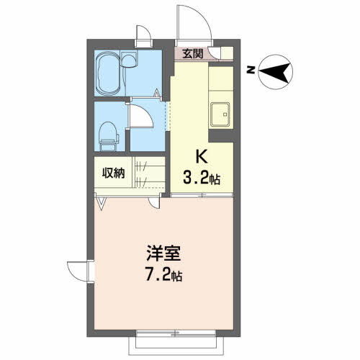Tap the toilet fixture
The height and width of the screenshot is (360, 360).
point(108,132)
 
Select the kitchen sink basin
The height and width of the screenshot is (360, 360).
point(219,113)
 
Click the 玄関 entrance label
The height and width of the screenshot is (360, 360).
point(192,53)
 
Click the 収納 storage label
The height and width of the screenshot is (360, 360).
point(112,174)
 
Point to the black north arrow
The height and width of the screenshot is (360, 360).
point(274,71)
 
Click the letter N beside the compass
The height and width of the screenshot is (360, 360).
point(251,71)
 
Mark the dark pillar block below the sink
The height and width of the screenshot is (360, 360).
point(221,134)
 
